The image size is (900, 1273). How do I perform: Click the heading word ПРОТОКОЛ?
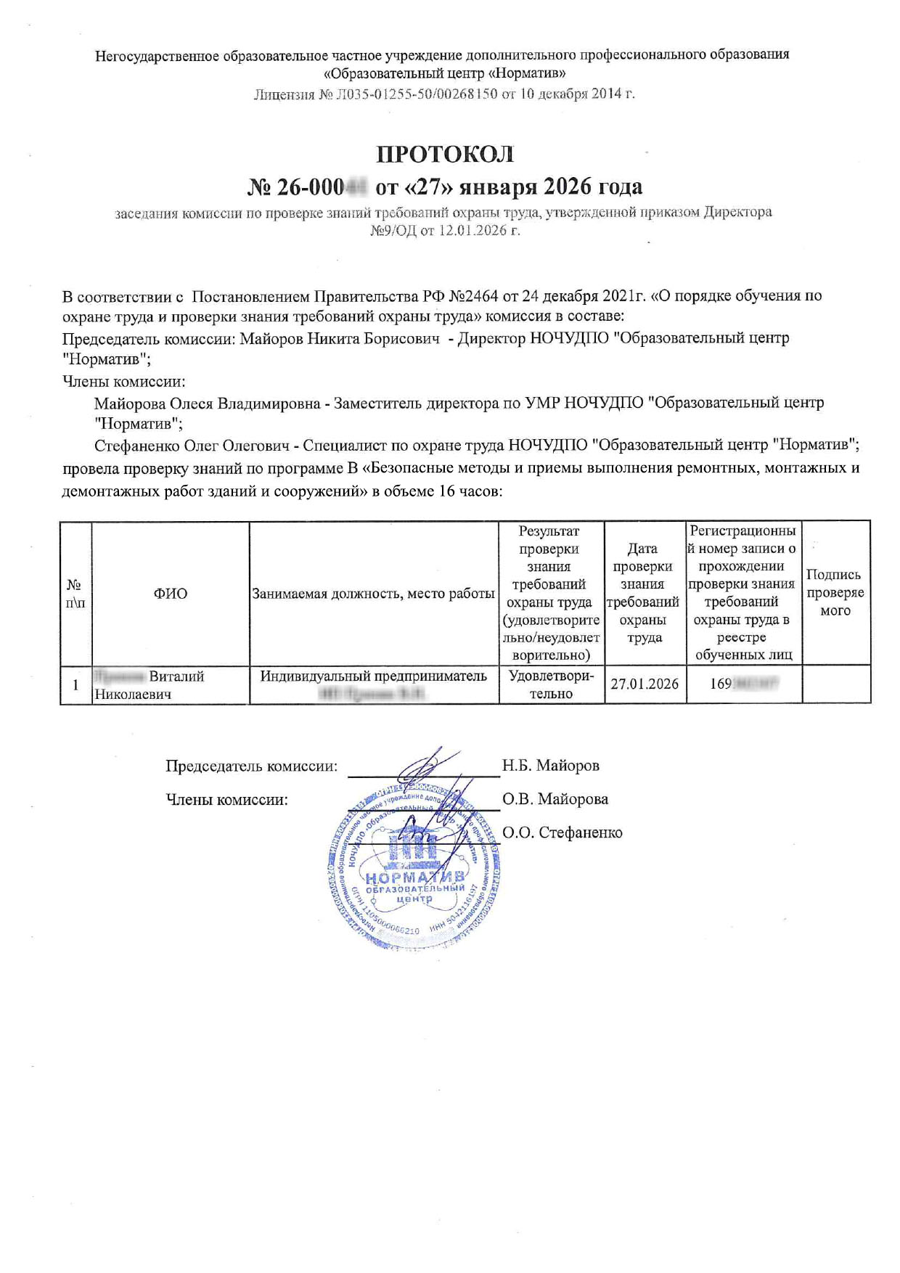click(x=444, y=155)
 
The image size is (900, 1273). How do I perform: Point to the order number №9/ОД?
click(x=393, y=231)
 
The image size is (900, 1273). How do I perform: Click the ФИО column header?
click(x=170, y=594)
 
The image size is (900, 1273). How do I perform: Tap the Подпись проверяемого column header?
click(x=835, y=592)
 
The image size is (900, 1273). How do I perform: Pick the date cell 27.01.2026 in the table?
click(x=645, y=684)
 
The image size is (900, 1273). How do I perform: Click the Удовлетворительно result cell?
click(x=551, y=684)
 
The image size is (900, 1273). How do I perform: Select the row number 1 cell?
click(x=75, y=684)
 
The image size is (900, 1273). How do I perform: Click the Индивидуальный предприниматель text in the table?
click(x=373, y=676)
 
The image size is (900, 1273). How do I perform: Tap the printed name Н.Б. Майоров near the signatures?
click(x=550, y=766)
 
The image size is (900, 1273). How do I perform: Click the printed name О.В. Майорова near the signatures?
click(x=555, y=799)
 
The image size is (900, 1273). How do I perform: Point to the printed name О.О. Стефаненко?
click(x=562, y=832)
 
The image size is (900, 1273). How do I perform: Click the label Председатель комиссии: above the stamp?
click(x=251, y=766)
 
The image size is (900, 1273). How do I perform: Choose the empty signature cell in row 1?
click(x=835, y=684)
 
